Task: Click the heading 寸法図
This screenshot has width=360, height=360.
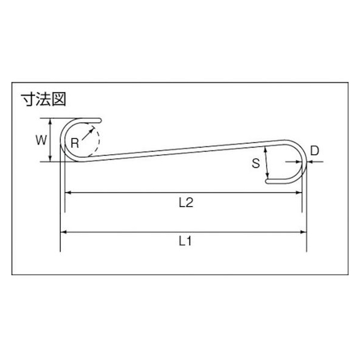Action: coord(43,99)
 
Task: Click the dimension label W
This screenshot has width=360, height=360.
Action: coord(42,140)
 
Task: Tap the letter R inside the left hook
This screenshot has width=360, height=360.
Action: coord(75,143)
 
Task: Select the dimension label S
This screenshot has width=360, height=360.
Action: coord(256,164)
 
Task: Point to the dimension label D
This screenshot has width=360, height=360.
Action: coord(314,151)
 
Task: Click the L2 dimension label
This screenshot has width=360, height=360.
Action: coord(186,203)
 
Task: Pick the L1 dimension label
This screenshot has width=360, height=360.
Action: coord(185,241)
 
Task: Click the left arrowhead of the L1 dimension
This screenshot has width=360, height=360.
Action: coord(63,232)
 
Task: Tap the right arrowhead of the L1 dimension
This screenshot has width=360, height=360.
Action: coord(303,232)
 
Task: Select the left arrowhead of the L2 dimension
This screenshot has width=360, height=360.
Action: coord(68,193)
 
